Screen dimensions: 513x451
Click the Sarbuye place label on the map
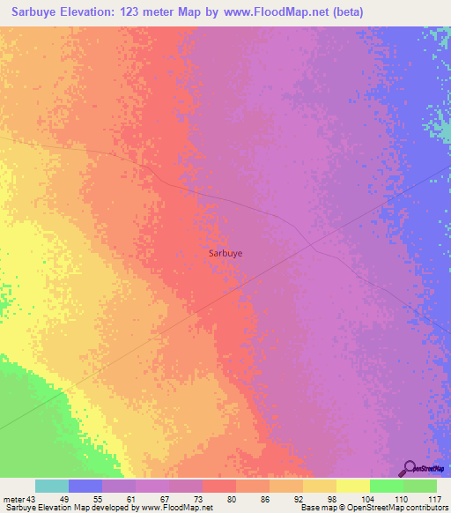[x=225, y=252]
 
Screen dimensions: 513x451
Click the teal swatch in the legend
[x=52, y=486]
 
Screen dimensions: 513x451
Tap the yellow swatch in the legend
[x=353, y=486]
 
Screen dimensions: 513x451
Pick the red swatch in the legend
[x=218, y=486]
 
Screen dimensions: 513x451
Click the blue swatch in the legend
[x=85, y=486]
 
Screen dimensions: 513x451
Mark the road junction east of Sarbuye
[x=310, y=249]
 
